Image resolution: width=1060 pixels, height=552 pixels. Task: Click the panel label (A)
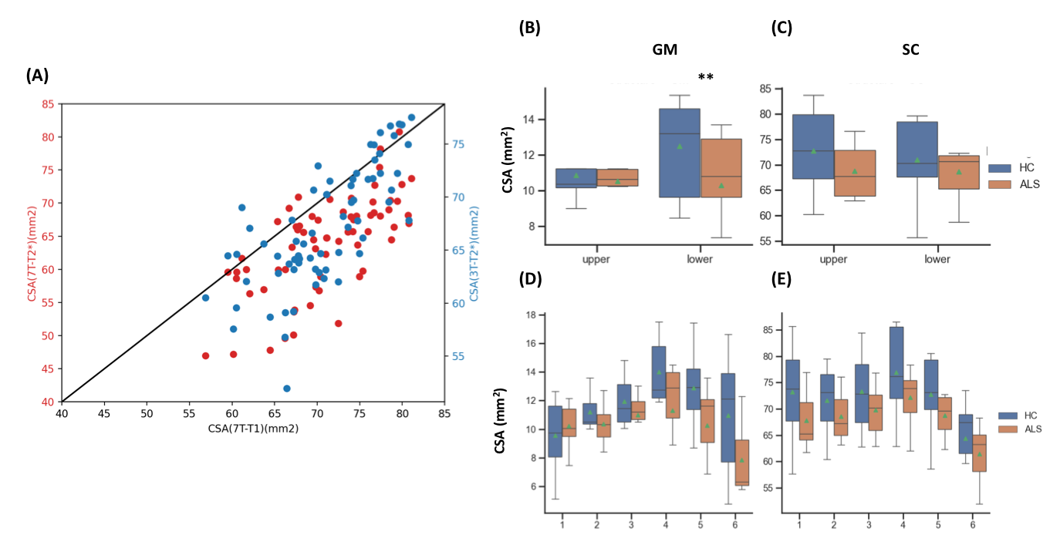[x=39, y=75]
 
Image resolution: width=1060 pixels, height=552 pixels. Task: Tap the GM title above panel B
[x=664, y=49]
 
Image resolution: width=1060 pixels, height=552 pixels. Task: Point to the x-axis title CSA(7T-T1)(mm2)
[x=251, y=429]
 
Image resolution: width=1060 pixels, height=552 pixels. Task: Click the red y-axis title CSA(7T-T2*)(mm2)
[x=33, y=253]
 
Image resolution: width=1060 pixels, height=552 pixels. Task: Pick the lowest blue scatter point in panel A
[x=287, y=389]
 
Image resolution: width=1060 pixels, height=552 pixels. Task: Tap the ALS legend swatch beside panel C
[x=1001, y=185]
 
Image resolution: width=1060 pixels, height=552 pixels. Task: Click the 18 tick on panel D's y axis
[x=531, y=315]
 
